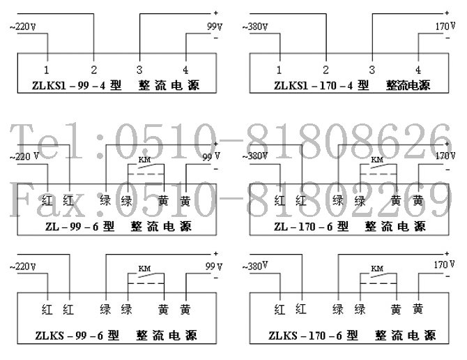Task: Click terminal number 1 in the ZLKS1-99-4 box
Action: click(46, 70)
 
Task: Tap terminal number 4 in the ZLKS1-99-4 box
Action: click(185, 70)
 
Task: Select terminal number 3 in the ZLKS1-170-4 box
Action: click(372, 70)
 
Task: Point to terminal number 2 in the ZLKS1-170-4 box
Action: click(326, 70)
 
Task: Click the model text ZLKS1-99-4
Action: click(72, 86)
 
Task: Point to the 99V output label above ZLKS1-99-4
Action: click(213, 25)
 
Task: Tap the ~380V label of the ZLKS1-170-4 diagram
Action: click(255, 27)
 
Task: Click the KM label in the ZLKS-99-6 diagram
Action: click(144, 268)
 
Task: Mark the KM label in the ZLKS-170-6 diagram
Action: click(376, 268)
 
